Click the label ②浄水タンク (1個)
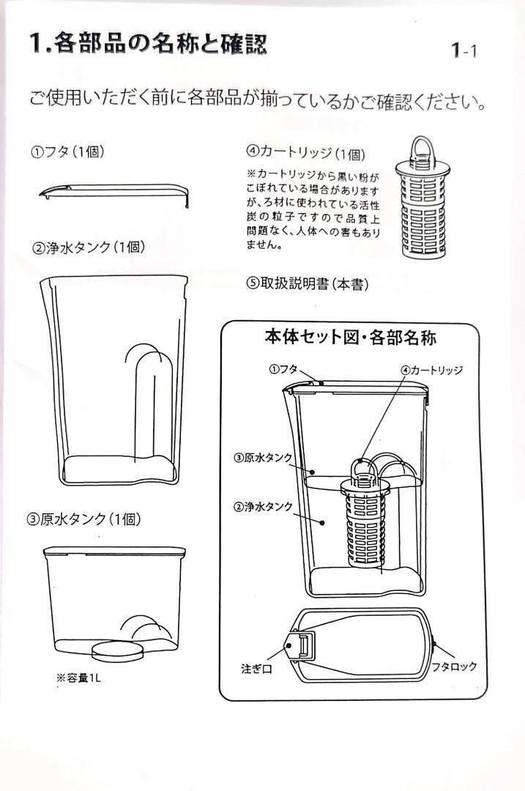tap(87, 247)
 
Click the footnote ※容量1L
tap(78, 677)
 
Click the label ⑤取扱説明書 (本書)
tap(307, 284)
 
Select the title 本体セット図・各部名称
tap(350, 338)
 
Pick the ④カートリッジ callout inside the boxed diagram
tap(431, 370)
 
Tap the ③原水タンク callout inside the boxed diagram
tap(263, 458)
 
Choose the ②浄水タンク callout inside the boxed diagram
tap(263, 507)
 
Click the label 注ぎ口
tap(256, 668)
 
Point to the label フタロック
tap(454, 666)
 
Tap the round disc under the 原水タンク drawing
tap(117, 648)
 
